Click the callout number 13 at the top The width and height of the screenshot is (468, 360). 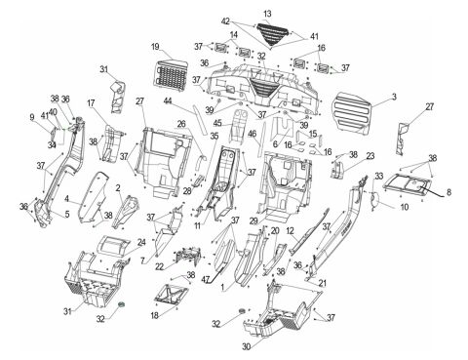pos(267,13)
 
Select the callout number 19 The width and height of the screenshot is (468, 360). pos(155,47)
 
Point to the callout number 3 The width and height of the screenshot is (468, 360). pos(393,98)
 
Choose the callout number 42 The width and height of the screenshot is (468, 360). pos(225,20)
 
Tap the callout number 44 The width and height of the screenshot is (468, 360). pos(168,101)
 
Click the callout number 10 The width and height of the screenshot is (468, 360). pos(375,207)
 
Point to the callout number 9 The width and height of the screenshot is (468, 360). pos(32,117)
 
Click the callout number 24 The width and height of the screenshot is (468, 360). pos(141,242)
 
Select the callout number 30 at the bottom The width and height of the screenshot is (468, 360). pos(245,345)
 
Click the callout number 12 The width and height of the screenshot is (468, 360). pos(291,230)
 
